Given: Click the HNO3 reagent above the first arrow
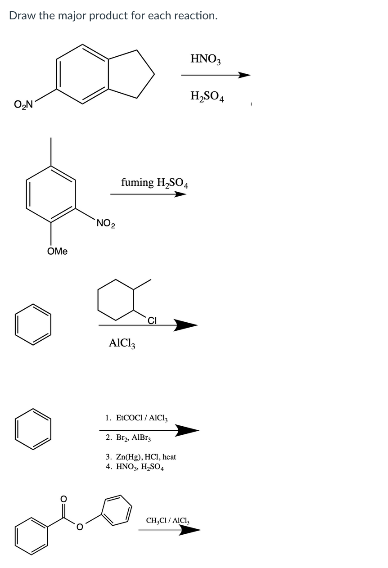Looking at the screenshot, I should point(206,59).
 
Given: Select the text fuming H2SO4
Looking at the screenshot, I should point(154,183).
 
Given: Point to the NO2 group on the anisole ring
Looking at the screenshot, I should point(105,223).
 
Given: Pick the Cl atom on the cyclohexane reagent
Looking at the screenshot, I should point(152,321).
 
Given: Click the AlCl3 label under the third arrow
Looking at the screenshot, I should point(122,344).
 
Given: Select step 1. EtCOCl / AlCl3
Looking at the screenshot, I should point(136,418).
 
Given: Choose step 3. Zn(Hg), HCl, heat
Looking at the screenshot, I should point(141,457).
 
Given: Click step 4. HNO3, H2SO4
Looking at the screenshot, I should point(135,467).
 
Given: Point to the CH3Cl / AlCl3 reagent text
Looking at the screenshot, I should point(167,521).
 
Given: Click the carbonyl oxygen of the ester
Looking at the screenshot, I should point(63,499).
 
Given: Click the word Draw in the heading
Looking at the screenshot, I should point(20,16).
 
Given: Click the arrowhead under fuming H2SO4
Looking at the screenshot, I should point(180,194).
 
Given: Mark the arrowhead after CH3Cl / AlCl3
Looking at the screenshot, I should point(191,530).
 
